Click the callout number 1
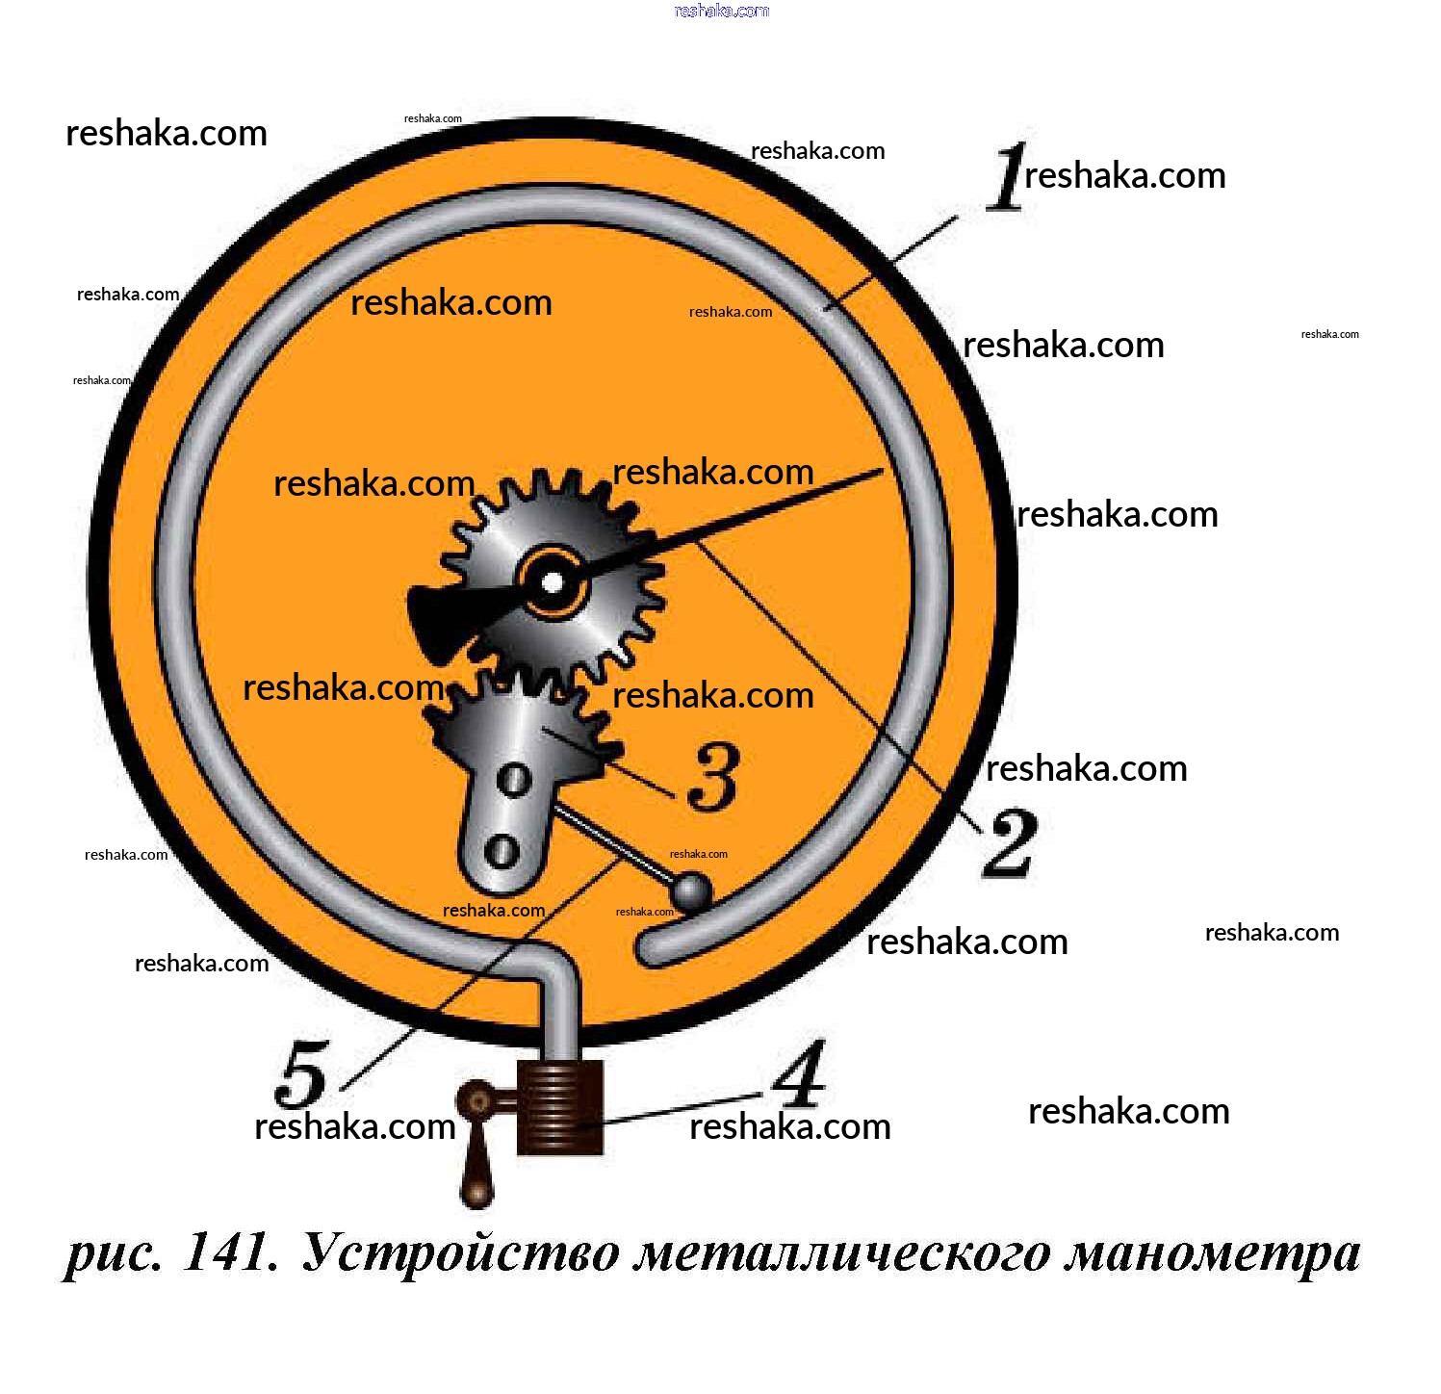[x=1008, y=177]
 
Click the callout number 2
[x=1009, y=842]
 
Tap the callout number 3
[x=713, y=776]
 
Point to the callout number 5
[x=302, y=1074]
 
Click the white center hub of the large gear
[x=553, y=582]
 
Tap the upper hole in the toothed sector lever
[x=514, y=779]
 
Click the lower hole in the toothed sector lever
[x=502, y=850]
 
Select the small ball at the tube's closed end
[x=692, y=892]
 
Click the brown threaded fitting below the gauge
[x=560, y=1106]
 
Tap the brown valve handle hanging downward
[x=476, y=1165]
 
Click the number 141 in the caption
[x=230, y=1253]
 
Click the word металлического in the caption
[x=842, y=1253]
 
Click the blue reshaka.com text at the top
[x=722, y=11]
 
